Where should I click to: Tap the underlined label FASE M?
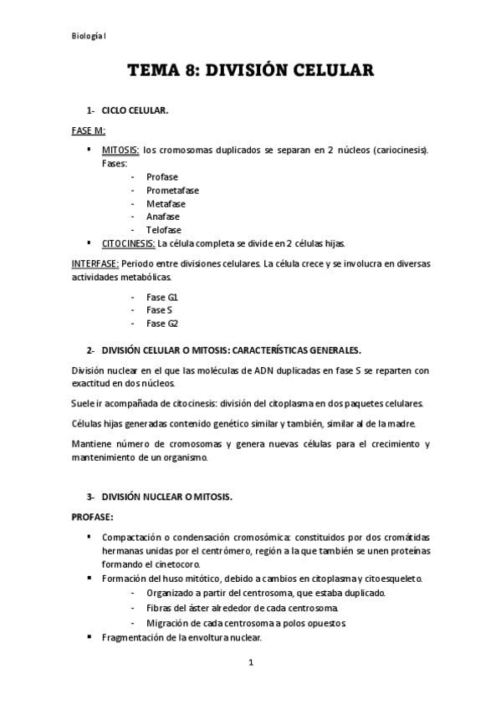coord(88,130)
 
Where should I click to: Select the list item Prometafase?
coord(171,191)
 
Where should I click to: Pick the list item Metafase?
coord(166,204)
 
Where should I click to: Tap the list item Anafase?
coord(163,217)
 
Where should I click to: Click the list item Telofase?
coord(163,230)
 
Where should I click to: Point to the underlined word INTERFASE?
coord(95,263)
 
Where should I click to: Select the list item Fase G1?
coord(162,297)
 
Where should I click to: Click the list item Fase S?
coord(159,310)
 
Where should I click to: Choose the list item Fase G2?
coord(162,324)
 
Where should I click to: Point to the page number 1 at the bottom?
coord(250,663)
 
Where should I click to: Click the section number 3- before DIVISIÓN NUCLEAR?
coord(91,497)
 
